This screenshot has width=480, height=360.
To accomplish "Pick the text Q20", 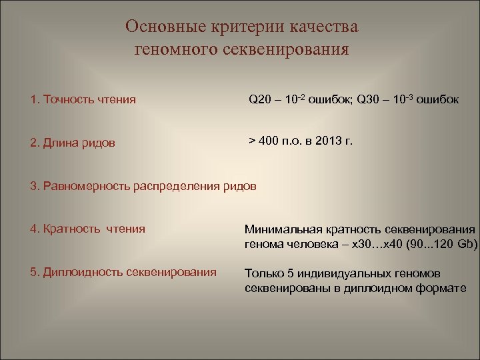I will tap(261, 100).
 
